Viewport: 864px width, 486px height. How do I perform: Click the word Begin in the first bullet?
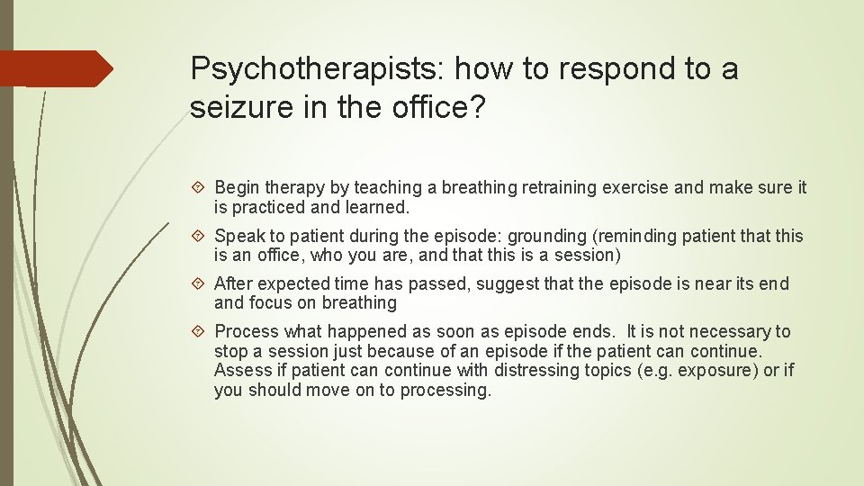(237, 187)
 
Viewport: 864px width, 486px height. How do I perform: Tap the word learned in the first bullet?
(381, 207)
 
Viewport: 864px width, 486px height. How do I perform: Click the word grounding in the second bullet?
(547, 236)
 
